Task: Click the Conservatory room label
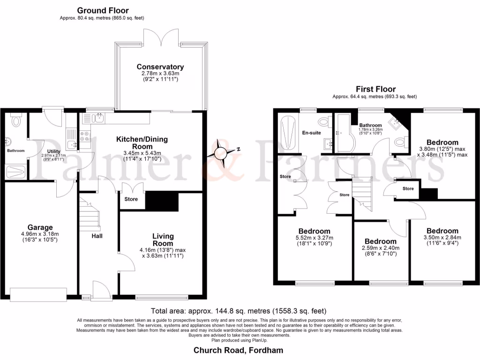[x=160, y=67]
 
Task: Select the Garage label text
[x=39, y=227]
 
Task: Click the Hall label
[x=97, y=236]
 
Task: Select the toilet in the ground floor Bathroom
[x=16, y=122]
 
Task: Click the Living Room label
[x=163, y=240]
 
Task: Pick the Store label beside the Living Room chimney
[x=131, y=199]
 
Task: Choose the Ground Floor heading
[x=103, y=10]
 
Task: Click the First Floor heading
[x=375, y=89]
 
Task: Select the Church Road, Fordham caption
[x=239, y=350]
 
